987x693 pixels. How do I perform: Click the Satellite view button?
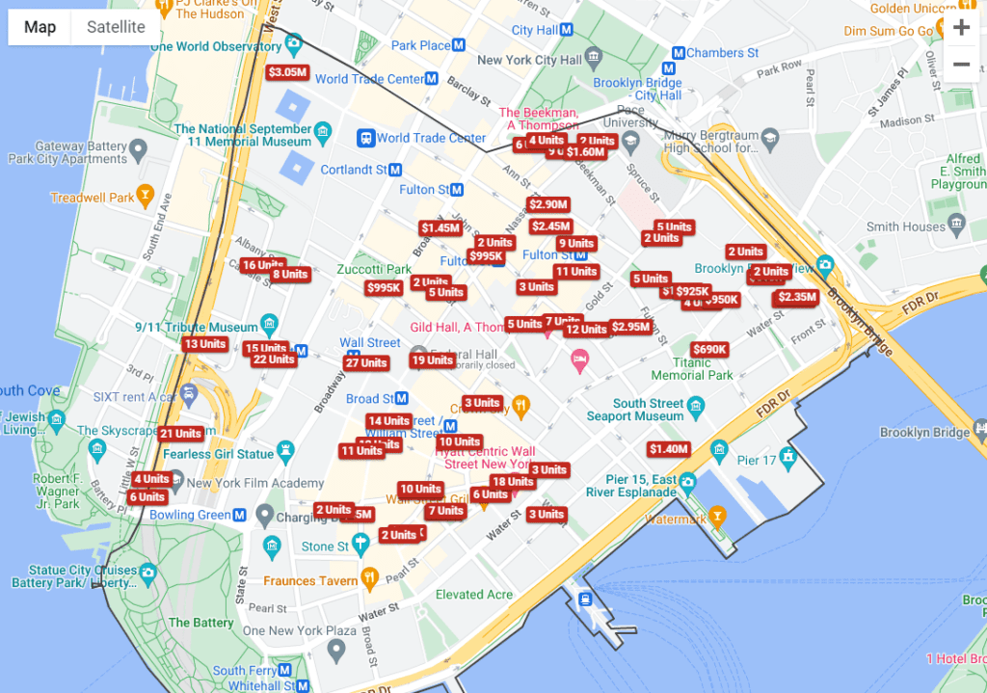(116, 27)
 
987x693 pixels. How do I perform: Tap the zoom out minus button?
(961, 65)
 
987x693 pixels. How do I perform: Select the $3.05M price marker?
(287, 72)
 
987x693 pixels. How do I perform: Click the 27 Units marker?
(366, 363)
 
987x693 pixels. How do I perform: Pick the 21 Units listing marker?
(181, 435)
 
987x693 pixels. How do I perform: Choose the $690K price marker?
(709, 349)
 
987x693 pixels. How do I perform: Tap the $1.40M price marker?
(668, 449)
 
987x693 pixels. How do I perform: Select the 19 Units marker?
(432, 360)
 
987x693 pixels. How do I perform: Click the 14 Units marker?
(388, 421)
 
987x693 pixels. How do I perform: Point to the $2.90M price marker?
(548, 204)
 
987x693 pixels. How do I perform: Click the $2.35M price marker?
(797, 298)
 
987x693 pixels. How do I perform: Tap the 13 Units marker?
(204, 344)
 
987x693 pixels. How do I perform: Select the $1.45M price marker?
(440, 228)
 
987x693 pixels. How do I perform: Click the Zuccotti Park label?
(374, 270)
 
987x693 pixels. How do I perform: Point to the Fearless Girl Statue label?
(218, 454)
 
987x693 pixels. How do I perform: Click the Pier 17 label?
(756, 461)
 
